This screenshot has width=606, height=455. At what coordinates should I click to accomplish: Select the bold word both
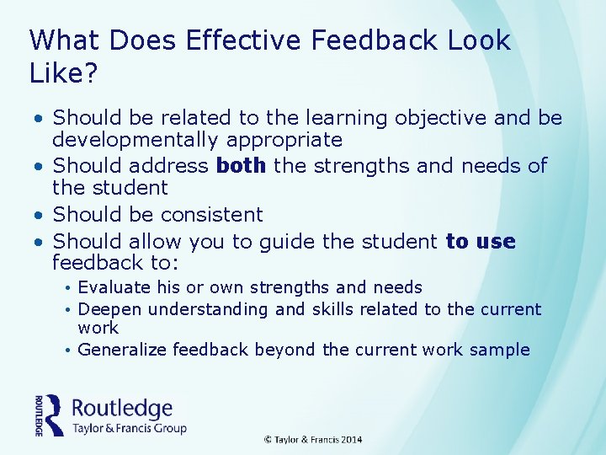pos(242,166)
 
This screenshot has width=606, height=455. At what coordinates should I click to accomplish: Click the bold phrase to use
pos(481,242)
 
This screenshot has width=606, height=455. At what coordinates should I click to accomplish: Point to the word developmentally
pos(138,140)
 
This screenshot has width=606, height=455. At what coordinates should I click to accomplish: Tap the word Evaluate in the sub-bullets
pos(112,288)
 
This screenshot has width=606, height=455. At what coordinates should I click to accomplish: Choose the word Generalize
pos(122,350)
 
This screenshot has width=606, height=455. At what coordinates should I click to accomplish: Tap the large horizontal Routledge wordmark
pos(122,409)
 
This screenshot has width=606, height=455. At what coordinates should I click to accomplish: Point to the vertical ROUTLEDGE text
pos(39,415)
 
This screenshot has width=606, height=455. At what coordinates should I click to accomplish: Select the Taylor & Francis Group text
pos(130,428)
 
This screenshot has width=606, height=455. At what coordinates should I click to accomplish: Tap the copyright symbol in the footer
pos(268,440)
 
